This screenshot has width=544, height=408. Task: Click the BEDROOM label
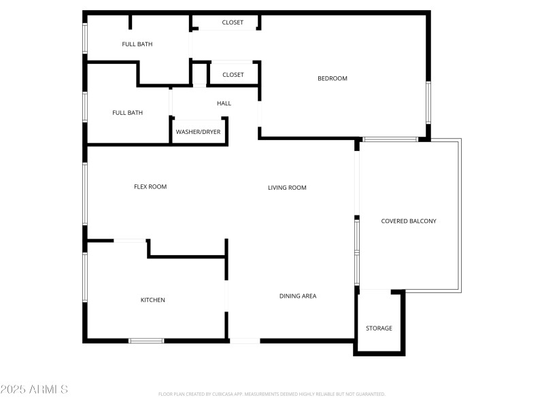[x=333, y=78]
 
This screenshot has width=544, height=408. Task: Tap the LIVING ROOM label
[x=287, y=188]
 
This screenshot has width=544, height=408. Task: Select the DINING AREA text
[x=298, y=296]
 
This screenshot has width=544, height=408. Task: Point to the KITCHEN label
[x=152, y=300]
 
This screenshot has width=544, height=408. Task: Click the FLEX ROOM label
[x=150, y=186]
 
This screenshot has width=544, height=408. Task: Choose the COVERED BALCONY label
[x=409, y=221]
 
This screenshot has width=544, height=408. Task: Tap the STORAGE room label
[x=379, y=328]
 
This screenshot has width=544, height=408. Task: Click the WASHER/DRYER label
[x=198, y=132]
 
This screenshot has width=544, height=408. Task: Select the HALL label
[x=224, y=103]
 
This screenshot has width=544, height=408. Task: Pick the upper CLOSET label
[x=233, y=22]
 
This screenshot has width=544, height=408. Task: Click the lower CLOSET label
[x=233, y=75]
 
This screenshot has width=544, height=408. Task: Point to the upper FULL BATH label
[x=137, y=44]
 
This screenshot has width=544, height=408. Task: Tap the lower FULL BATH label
[x=127, y=113]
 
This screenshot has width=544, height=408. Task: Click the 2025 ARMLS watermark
[x=34, y=390]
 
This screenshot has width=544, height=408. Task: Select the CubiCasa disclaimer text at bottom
[x=272, y=394]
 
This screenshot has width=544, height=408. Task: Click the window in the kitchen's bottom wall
[x=146, y=340]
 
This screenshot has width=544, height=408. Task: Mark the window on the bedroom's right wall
[x=428, y=102]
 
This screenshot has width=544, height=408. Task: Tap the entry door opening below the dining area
[x=245, y=340]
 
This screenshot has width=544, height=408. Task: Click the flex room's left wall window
[x=85, y=193]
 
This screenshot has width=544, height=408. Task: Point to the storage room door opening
[x=374, y=291]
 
